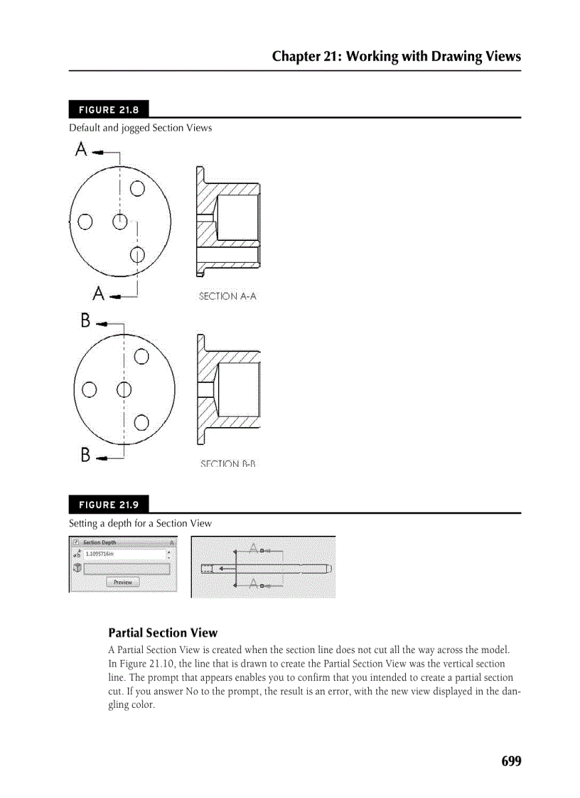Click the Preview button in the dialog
coord(123,582)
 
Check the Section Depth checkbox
coord(75,542)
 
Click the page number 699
coord(510,761)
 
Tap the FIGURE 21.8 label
coord(108,110)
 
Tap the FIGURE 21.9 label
coord(108,505)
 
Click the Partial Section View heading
coord(163,632)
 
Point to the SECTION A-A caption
coord(227,296)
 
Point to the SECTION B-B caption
coord(227,464)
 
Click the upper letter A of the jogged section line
coord(82,150)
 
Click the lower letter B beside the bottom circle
coord(85,455)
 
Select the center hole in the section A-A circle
coord(119,222)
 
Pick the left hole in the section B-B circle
coord(90,389)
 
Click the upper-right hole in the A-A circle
coord(137,188)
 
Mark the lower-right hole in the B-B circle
coord(141,423)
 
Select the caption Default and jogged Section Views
coord(140,129)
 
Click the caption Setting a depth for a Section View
coord(140,524)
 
